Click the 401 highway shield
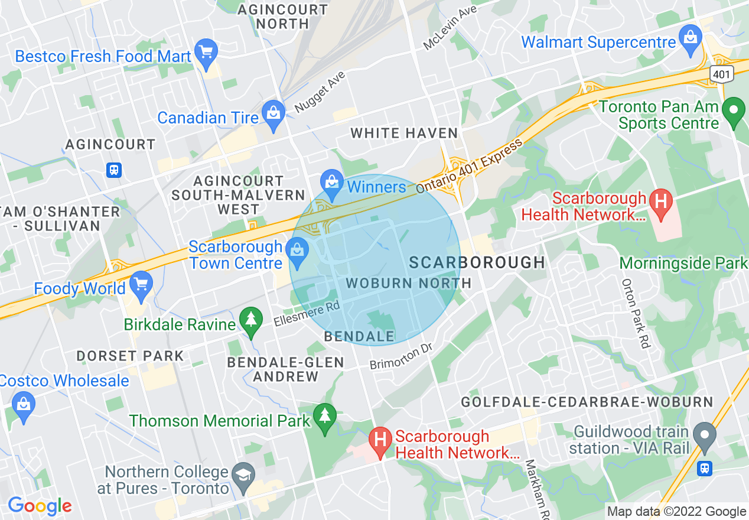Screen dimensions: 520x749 coord(722,74)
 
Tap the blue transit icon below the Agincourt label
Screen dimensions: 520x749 coord(113,170)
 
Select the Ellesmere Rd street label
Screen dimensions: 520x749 coord(307,314)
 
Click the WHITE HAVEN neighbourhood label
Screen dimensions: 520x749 coord(404,134)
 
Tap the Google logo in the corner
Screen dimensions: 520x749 coord(40,506)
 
